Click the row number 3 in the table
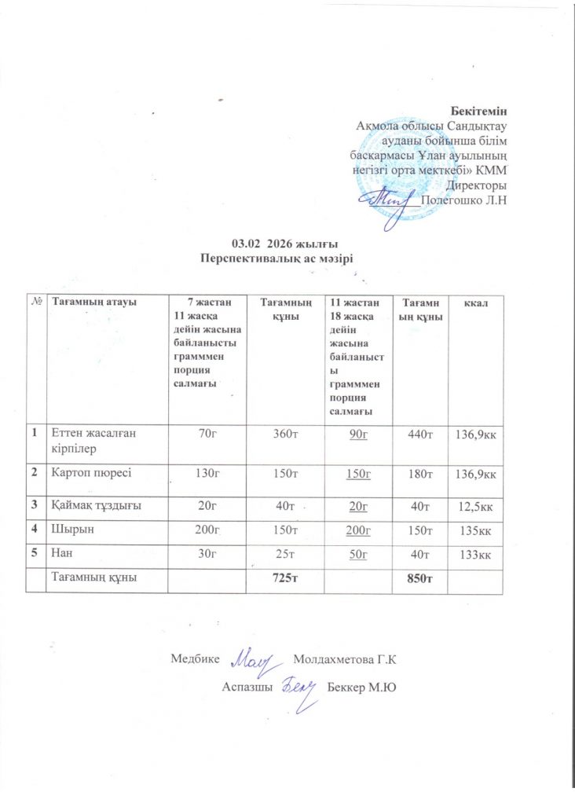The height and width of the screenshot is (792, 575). (35, 504)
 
